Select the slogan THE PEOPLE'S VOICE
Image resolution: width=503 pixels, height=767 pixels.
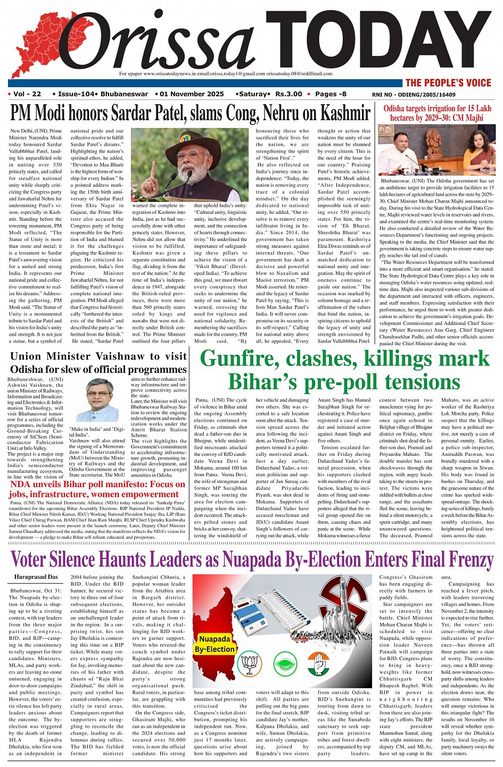448,82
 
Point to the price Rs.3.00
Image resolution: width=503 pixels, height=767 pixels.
288,94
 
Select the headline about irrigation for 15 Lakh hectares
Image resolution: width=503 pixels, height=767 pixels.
437,113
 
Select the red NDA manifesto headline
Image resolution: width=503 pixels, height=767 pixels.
97,489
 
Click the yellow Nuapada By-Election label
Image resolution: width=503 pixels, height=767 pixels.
215,644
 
